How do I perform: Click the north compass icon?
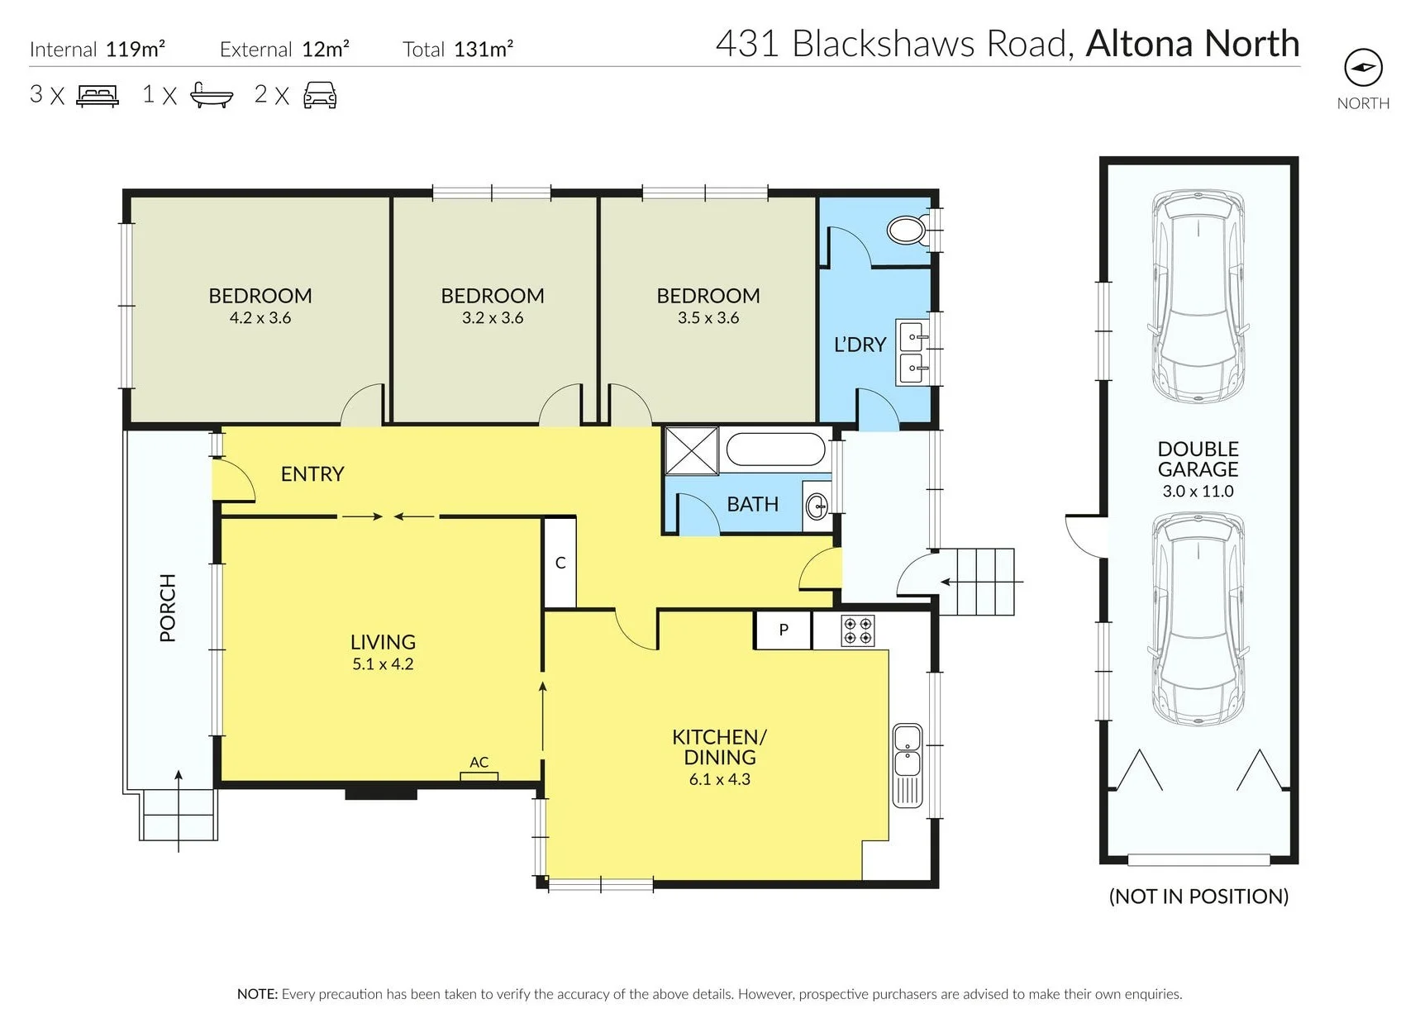[1363, 68]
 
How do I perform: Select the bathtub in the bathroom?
[775, 450]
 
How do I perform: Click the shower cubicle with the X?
[692, 450]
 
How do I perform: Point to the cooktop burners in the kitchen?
[857, 630]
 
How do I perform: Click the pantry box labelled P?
[783, 630]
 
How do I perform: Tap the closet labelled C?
[560, 563]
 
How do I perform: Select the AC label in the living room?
[479, 762]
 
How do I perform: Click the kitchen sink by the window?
[908, 765]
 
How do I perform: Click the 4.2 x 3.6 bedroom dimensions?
[260, 318]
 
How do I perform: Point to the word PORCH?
[168, 607]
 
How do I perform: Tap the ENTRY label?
[312, 473]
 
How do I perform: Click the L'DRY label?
[860, 345]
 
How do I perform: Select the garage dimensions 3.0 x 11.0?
[1198, 491]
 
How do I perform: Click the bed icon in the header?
[98, 95]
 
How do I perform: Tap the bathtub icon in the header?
[212, 94]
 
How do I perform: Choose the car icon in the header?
[320, 95]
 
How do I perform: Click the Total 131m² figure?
[458, 49]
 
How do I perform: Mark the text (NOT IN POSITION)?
[1198, 897]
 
